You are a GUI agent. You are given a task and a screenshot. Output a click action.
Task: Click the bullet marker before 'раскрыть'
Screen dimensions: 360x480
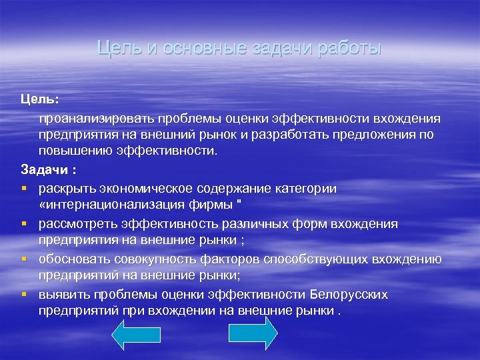24,189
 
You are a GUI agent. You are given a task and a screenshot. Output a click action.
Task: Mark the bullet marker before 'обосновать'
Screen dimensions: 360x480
24,259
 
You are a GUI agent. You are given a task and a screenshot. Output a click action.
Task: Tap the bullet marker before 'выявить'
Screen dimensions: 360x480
24,294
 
